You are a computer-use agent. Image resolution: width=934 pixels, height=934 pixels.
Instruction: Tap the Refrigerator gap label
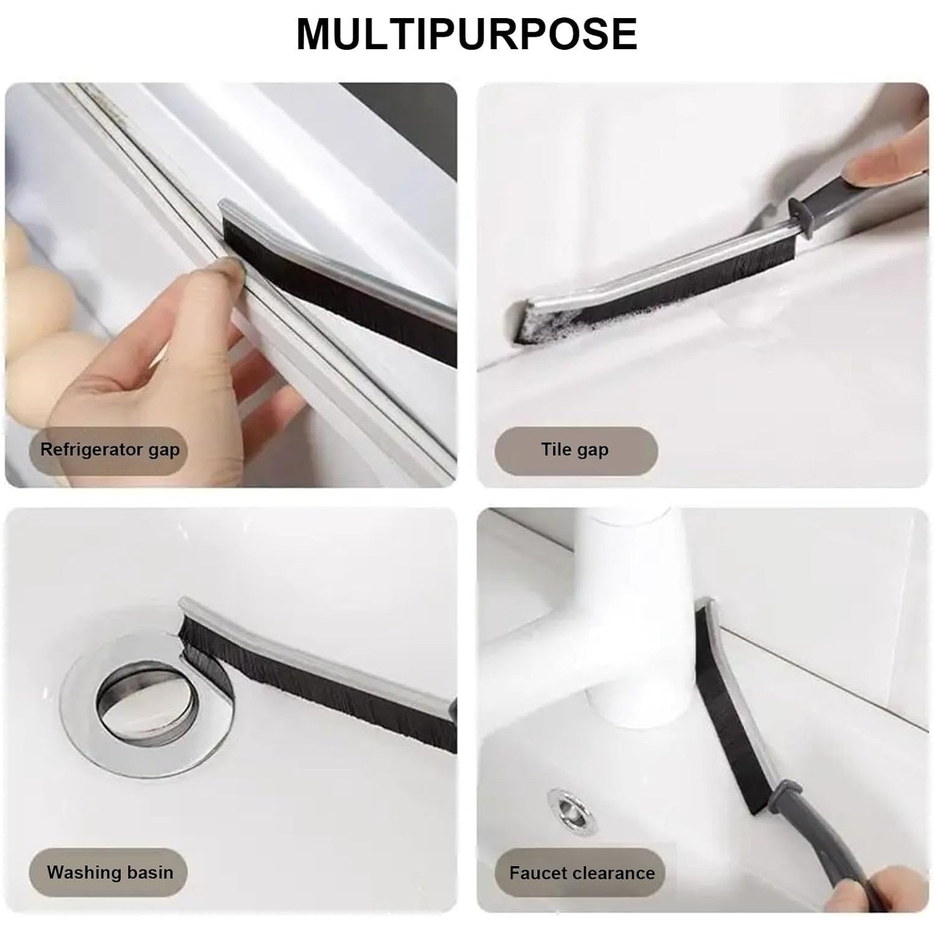click(x=110, y=449)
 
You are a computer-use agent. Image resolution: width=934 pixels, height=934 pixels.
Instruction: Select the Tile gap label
click(x=575, y=449)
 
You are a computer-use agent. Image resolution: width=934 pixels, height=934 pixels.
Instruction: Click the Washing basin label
click(x=110, y=872)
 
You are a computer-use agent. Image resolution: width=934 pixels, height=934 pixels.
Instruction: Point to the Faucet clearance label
click(x=581, y=872)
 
